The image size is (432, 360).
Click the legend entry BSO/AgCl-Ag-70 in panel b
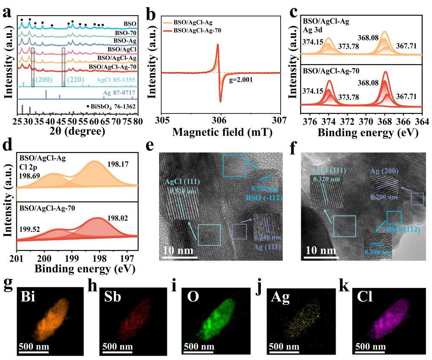click(x=197, y=30)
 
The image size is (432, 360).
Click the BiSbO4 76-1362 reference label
click(x=113, y=106)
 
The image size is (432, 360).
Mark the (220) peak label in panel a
click(x=72, y=79)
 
